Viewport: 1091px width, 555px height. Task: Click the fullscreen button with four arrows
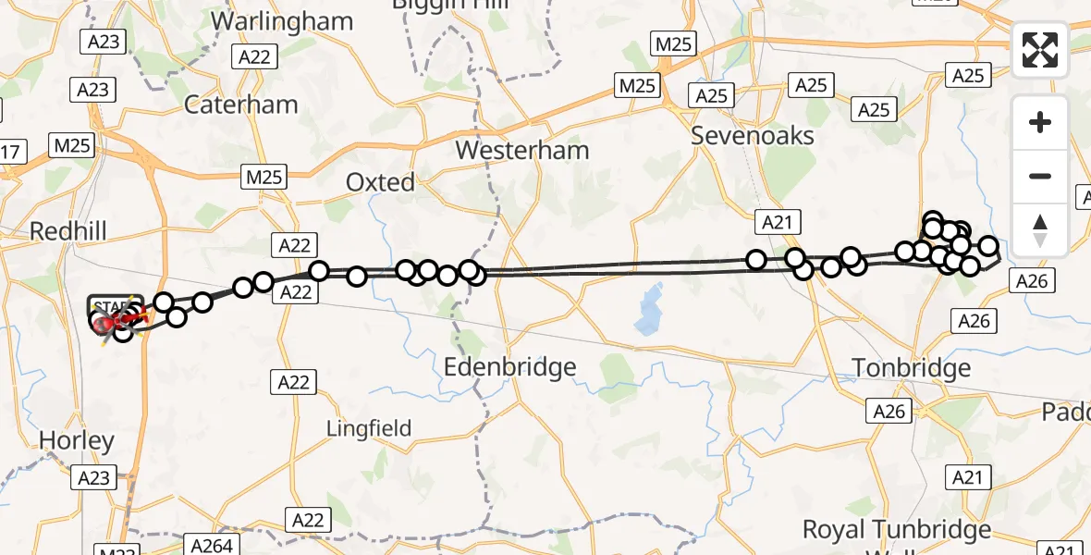tap(1040, 50)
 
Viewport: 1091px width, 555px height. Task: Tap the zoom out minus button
tap(1040, 176)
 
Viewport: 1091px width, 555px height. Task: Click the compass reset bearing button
tap(1040, 229)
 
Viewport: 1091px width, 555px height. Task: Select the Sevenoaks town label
tap(754, 136)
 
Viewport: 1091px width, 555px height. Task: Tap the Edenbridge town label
tap(509, 367)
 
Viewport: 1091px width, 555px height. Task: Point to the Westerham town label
tap(522, 150)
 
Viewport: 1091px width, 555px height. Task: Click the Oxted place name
tap(380, 182)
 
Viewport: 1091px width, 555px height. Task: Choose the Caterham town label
tap(240, 104)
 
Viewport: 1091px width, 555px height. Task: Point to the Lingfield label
tap(369, 428)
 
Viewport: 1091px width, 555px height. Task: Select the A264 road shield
tap(211, 546)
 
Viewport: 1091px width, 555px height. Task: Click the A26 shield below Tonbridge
tap(889, 411)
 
